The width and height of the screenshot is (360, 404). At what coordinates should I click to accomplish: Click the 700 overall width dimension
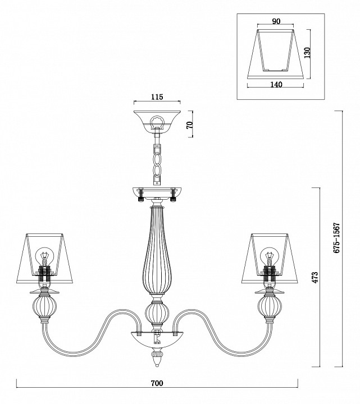(x=157, y=383)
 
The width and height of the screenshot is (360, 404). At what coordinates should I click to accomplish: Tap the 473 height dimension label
(x=316, y=277)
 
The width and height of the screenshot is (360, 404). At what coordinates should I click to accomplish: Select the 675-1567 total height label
(x=337, y=237)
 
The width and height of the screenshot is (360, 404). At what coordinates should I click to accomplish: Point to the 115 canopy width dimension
(x=157, y=97)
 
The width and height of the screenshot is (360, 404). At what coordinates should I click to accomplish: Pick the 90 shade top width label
(x=276, y=21)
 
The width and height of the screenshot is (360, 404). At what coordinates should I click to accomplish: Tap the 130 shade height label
(x=307, y=53)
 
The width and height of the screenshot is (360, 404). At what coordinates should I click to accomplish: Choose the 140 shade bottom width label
(x=276, y=84)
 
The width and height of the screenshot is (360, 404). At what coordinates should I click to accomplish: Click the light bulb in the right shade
(x=269, y=255)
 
